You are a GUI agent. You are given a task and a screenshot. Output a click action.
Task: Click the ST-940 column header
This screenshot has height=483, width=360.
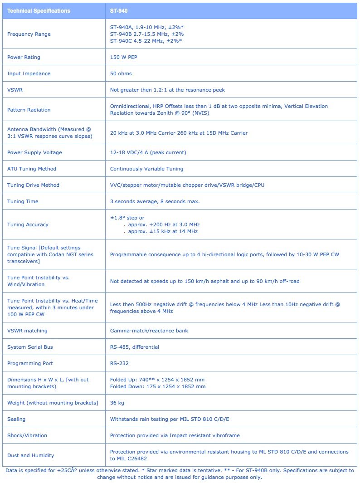(119, 10)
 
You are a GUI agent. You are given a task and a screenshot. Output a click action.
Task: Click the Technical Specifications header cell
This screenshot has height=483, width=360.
(39, 10)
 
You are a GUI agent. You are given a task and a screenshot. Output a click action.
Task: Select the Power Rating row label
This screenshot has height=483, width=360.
(24, 57)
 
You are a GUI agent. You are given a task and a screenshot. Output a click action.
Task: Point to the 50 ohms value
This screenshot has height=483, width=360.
(121, 73)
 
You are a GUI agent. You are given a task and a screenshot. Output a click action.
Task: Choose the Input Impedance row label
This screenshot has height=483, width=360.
(29, 73)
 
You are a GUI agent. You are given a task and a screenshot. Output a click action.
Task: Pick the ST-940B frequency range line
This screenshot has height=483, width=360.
(146, 34)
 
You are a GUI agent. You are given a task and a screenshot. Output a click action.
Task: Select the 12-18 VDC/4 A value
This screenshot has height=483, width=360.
(148, 152)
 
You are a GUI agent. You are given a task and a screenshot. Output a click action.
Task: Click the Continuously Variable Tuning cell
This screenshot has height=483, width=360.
(146, 169)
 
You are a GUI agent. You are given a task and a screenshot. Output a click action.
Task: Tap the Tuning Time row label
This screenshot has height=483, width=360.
(23, 201)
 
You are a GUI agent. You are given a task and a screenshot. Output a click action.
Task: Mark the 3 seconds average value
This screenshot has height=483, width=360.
(155, 201)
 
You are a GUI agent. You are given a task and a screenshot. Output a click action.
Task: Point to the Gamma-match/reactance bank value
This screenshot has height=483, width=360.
(149, 331)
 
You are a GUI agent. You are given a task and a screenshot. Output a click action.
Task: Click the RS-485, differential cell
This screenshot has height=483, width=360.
(134, 347)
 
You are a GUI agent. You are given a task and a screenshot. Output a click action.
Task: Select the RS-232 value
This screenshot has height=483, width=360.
(120, 363)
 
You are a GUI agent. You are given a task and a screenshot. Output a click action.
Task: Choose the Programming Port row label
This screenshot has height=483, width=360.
(30, 363)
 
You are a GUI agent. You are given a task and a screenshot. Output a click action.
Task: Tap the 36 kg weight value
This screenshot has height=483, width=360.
(118, 403)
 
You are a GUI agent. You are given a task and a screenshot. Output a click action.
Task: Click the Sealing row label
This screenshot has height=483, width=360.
(16, 419)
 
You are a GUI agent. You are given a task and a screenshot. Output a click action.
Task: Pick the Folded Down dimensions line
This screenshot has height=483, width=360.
(157, 386)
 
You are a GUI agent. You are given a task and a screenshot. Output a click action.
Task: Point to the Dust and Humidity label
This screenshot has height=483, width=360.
(30, 455)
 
